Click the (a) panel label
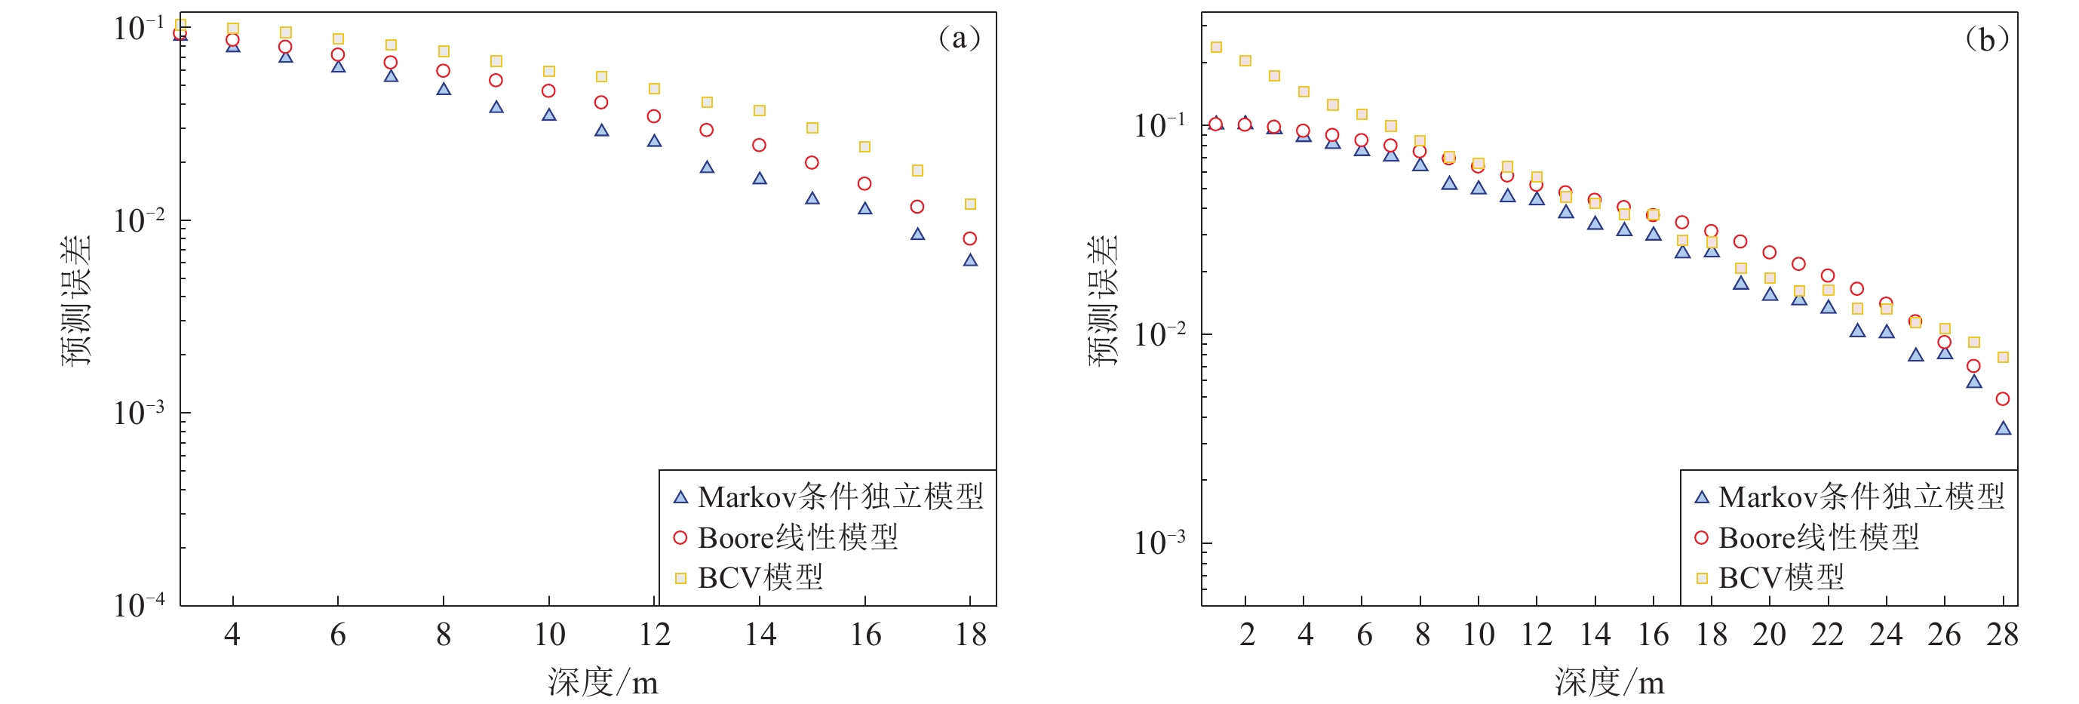959,38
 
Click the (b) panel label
1986,38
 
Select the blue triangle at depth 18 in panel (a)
970,260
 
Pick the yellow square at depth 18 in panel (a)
970,204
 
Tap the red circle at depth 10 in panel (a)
549,91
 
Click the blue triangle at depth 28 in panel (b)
2003,429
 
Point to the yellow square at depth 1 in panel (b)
1216,47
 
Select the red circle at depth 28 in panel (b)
2002,399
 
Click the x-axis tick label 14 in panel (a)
760,635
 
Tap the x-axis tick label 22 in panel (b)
1827,635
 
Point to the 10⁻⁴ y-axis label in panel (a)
139,604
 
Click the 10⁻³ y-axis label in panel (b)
1159,543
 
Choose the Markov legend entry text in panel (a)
840,496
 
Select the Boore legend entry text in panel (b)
1818,538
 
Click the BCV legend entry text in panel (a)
760,578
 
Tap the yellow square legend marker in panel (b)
1702,578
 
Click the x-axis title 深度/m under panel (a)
603,682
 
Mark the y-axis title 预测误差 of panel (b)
1104,300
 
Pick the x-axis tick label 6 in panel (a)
338,635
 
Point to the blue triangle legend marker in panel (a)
680,497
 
